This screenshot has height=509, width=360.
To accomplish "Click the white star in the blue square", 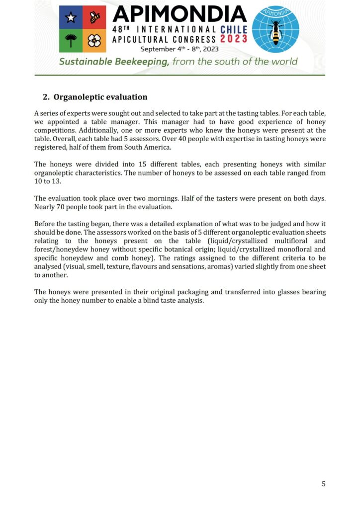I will pos(71,18).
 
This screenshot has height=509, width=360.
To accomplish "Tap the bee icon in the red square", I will pos(94,18).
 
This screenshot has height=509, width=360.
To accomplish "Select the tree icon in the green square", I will pos(71,41).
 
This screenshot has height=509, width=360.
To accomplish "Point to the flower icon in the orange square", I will pos(94,41).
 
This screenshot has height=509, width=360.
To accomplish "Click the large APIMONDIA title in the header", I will pos(179,15).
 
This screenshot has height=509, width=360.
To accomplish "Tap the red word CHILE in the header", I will pos(233,29).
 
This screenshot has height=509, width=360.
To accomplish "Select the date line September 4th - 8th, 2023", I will pos(179,49).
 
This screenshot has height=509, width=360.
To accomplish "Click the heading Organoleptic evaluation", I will pos(100,97).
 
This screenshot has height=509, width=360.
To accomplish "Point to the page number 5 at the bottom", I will pos(323,484).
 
